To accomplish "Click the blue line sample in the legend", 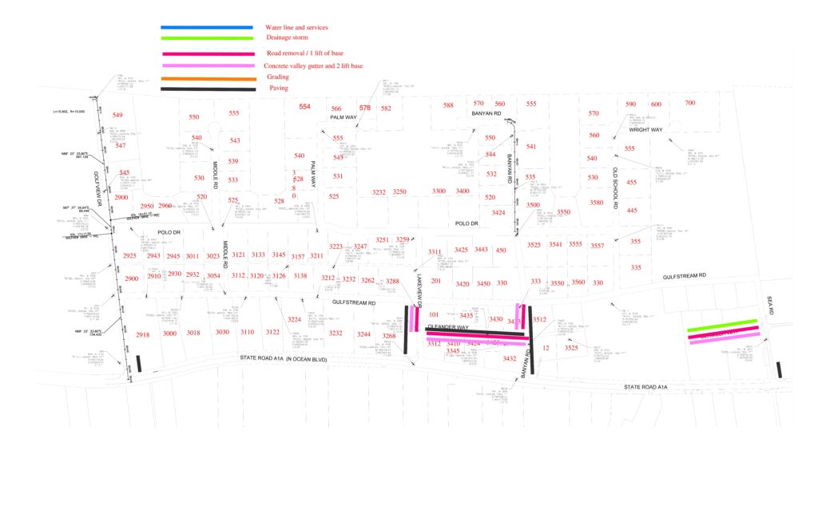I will [207, 28].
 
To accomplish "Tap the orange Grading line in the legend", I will [207, 79].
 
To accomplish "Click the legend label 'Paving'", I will [279, 89].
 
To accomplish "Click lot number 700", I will [689, 104].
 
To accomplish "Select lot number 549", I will [117, 116].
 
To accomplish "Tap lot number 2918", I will [143, 335].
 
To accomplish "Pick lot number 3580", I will [596, 203].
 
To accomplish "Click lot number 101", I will [434, 314].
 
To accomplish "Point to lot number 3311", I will [435, 252].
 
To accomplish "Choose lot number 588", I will [448, 105].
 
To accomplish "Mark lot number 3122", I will [273, 333].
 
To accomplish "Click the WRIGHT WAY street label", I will [645, 129].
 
